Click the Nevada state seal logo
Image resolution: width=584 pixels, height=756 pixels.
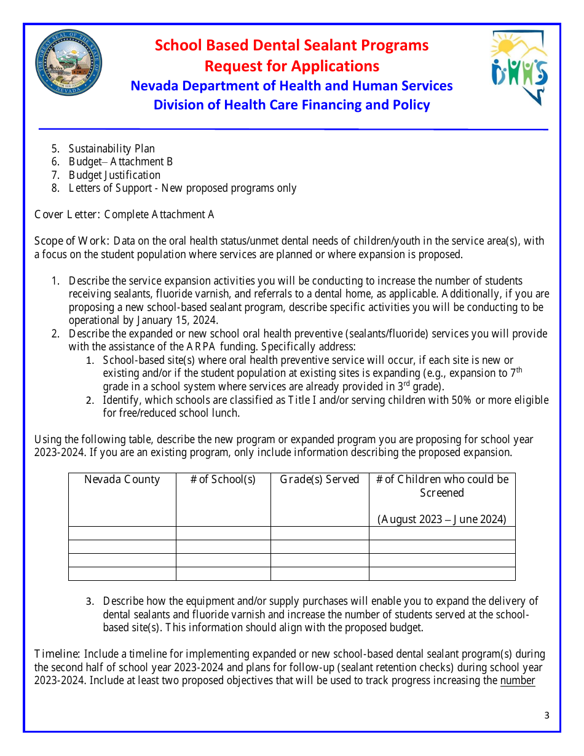coord(68,63)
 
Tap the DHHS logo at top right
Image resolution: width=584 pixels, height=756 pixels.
coord(519,68)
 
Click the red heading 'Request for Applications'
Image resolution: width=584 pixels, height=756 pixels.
coord(291,66)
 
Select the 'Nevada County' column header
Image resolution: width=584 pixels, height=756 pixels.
coord(122,480)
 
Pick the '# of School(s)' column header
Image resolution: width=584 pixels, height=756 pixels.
coord(223,480)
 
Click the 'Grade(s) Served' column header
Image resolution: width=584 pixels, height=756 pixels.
coord(319,480)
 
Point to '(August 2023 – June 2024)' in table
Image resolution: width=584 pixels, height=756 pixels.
coord(441,519)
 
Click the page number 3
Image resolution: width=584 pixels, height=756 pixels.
coord(547,715)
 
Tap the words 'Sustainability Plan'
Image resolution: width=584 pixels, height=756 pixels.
coord(111,149)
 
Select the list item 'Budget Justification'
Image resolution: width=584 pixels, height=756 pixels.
coord(114,175)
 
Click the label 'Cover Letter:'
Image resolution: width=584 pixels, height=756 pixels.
coord(68,215)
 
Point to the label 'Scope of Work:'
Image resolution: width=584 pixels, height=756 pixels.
coord(72,241)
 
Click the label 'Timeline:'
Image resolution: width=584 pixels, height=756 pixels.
coord(57,654)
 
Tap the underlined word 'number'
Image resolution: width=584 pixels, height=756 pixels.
coord(518,680)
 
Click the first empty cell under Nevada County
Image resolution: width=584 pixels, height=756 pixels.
coord(122,533)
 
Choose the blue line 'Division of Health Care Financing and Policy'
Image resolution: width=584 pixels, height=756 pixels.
coord(291,105)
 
